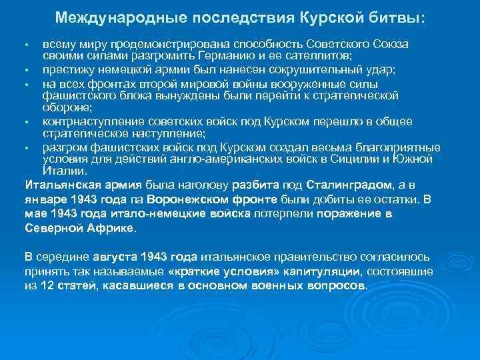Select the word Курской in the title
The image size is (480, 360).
(331, 17)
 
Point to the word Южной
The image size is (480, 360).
(414, 159)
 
